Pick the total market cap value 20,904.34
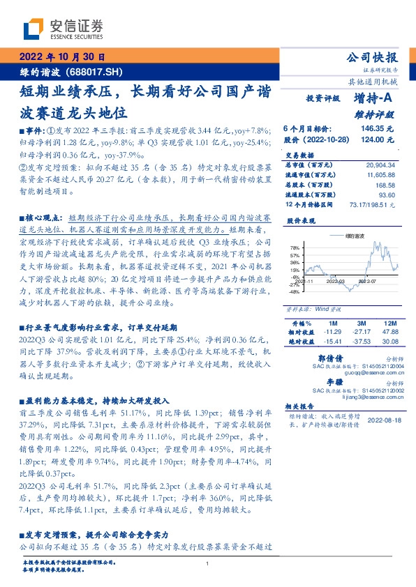[x=380, y=164]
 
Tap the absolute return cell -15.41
[x=332, y=342]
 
